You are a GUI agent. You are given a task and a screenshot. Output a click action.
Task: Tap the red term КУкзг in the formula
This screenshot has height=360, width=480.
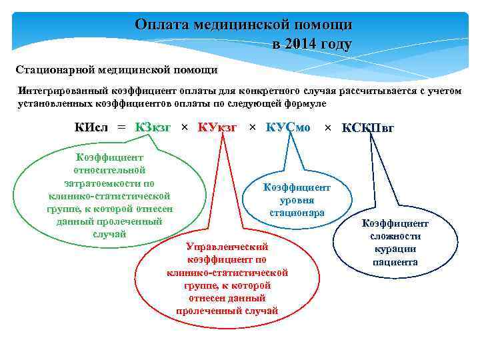coord(217,127)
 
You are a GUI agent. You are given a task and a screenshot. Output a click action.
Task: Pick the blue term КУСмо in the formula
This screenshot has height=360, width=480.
coord(288,127)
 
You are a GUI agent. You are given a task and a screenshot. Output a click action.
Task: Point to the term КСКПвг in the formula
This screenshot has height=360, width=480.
coord(368,128)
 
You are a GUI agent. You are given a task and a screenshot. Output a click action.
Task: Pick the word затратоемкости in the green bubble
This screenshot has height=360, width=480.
coord(109,183)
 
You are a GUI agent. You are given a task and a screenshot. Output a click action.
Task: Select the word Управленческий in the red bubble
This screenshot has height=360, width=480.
coord(227,246)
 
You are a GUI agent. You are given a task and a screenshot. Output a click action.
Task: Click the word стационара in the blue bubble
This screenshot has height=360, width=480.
coord(297,213)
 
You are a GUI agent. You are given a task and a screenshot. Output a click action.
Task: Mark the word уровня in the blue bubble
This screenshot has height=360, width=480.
coord(297,200)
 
